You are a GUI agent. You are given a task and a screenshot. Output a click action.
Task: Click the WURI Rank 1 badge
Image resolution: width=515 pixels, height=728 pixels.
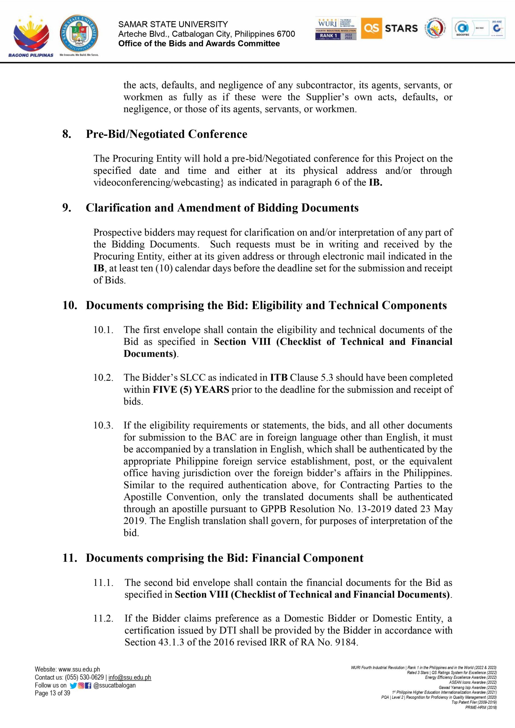[x=336, y=28]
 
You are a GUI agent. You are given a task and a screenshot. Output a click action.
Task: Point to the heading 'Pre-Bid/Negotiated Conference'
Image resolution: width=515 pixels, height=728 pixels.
[x=166, y=134]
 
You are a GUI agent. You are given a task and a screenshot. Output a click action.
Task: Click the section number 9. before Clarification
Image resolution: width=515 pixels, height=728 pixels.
[x=67, y=208]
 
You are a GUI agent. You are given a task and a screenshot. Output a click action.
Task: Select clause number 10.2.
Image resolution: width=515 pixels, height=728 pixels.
[x=103, y=378]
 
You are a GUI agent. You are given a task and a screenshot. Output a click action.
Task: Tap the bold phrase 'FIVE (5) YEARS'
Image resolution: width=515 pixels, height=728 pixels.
[x=191, y=389]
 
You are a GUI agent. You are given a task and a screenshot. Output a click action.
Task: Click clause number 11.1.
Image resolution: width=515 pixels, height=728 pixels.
[x=103, y=582]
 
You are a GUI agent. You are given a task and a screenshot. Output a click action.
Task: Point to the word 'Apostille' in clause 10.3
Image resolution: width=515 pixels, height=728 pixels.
[x=142, y=497]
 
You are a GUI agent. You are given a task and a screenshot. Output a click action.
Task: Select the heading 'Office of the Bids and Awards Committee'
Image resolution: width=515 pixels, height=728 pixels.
[x=199, y=44]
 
